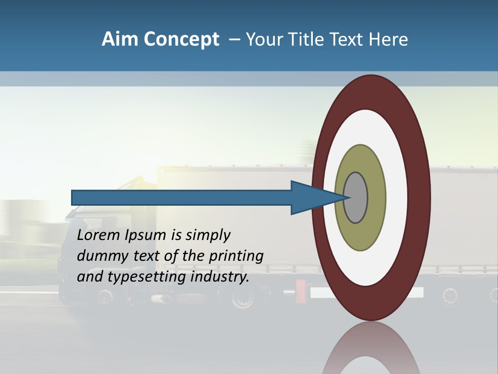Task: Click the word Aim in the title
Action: pos(120,39)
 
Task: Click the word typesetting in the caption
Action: pos(147,277)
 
